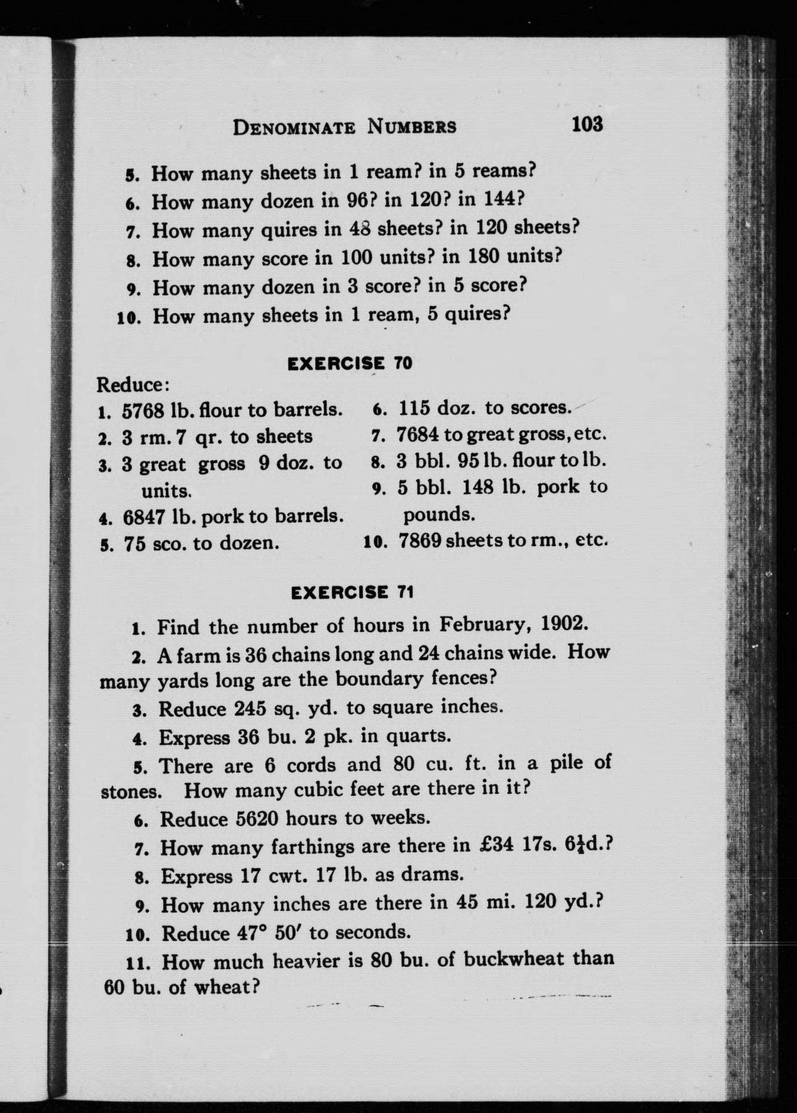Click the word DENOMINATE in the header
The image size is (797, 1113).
(294, 128)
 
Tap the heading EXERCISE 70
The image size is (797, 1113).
(350, 364)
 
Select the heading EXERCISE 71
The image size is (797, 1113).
(352, 592)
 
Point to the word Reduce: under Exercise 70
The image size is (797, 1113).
(133, 385)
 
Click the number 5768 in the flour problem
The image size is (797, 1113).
(143, 410)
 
